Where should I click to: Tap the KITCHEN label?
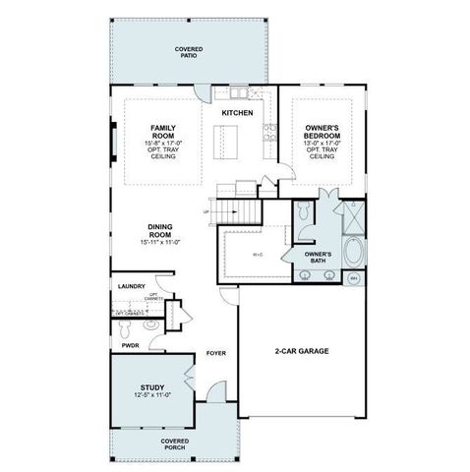[x=237, y=113]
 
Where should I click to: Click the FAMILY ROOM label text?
[x=163, y=131]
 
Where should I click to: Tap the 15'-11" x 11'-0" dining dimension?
[x=162, y=242]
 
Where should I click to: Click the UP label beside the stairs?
[x=206, y=211]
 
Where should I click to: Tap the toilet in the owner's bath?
[x=304, y=212]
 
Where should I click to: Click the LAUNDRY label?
[x=131, y=286]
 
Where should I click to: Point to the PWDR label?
[x=129, y=345]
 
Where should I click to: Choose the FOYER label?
[x=216, y=353]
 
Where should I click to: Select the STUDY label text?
[x=152, y=386]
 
